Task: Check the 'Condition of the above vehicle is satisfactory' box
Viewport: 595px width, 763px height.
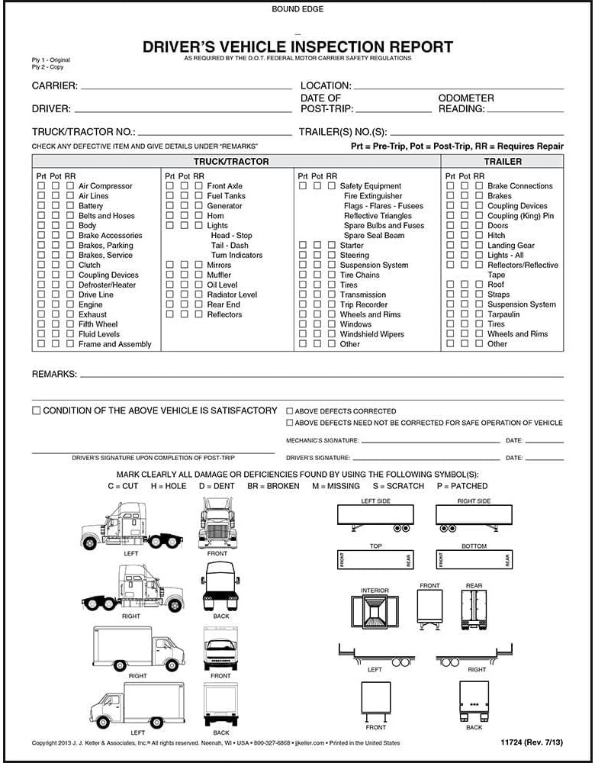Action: (x=36, y=410)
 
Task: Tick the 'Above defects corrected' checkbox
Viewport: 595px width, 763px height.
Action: (x=290, y=411)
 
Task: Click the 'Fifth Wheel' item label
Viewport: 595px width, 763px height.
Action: (x=98, y=324)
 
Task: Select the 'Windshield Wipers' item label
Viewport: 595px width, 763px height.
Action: (x=372, y=334)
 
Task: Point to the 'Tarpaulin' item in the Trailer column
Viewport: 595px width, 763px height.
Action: (x=503, y=314)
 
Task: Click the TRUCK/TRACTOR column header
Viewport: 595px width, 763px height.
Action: (x=231, y=162)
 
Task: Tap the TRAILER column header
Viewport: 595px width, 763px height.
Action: (x=503, y=162)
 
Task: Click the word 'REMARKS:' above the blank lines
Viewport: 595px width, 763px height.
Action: (x=53, y=375)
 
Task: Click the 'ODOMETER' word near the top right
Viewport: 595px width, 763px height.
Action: (x=466, y=98)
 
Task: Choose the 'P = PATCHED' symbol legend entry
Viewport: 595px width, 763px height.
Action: (x=462, y=486)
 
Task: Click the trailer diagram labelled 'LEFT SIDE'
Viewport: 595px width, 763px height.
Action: (x=375, y=517)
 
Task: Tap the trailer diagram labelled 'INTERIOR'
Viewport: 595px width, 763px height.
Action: (x=375, y=612)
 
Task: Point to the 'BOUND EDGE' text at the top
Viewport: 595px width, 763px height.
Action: (x=297, y=9)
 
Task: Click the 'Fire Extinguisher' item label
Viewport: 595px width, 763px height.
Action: (x=373, y=196)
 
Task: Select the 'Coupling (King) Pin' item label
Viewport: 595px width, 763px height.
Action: (x=521, y=216)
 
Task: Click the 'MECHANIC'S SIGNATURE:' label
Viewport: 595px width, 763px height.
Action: (x=322, y=441)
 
